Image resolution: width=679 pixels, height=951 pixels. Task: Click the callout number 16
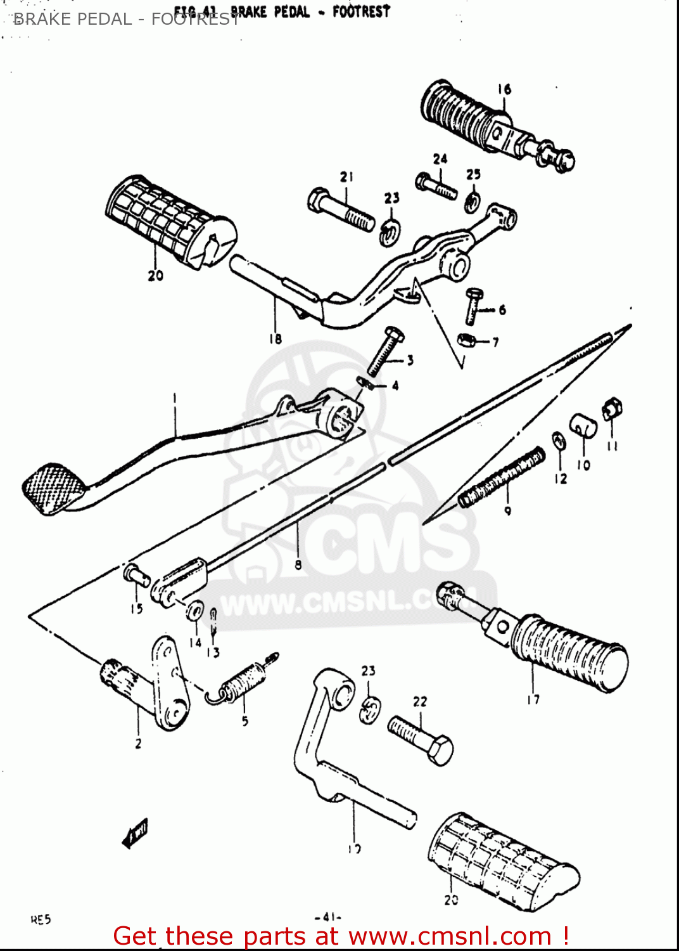click(504, 89)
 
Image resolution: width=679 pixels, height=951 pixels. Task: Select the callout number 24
click(440, 158)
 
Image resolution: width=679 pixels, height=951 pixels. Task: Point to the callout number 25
click(474, 174)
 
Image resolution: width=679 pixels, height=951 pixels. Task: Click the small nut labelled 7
click(466, 340)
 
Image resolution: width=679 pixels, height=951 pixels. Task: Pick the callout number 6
click(502, 310)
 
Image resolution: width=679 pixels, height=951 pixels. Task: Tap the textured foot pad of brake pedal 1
click(53, 489)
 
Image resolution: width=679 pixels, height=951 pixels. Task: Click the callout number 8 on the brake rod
click(298, 564)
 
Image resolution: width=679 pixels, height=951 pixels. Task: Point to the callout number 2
click(138, 743)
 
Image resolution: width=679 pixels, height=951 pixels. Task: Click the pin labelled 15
click(136, 575)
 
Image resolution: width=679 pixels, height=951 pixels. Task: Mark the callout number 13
click(213, 652)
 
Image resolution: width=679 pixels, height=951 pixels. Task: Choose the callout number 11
click(612, 446)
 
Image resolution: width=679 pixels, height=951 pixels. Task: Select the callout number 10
click(583, 465)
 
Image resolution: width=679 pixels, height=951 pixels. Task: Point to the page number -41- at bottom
click(328, 917)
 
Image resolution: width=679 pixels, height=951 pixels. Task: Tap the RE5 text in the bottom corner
click(41, 919)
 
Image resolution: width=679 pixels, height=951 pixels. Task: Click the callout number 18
click(275, 339)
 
